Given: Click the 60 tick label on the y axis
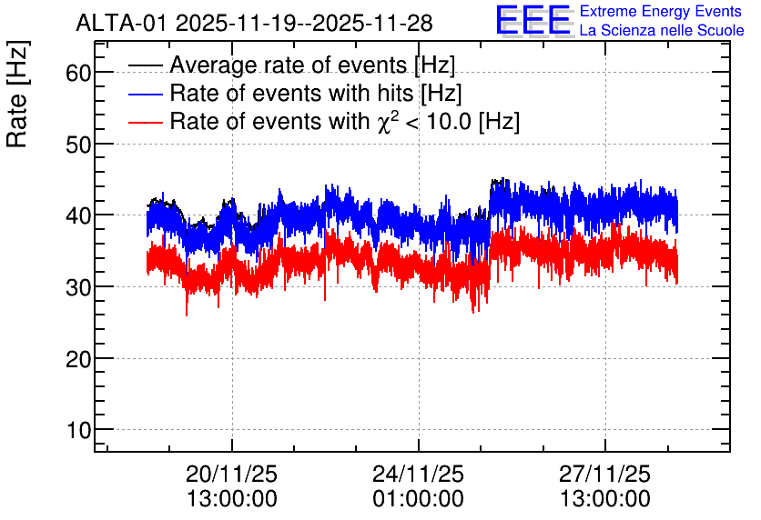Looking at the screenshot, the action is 78,73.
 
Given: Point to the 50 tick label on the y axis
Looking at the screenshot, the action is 78,145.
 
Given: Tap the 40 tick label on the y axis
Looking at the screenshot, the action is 78,215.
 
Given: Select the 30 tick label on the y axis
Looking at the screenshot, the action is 78,287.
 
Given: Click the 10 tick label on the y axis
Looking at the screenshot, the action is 78,430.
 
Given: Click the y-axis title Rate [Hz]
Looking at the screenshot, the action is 18,94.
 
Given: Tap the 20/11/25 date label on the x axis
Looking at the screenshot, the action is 231,474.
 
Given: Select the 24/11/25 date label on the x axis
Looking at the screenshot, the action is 419,474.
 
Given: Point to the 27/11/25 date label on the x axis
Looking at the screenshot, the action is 604,474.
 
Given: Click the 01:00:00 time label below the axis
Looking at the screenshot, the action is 419,498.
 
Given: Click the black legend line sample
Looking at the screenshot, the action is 145,65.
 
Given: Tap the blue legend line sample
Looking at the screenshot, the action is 145,94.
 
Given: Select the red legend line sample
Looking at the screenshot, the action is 145,122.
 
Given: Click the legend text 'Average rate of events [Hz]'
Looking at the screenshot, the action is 312,65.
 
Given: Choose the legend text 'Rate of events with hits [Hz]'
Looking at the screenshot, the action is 316,93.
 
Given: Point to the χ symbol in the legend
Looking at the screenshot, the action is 383,123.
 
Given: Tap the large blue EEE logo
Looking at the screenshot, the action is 533,21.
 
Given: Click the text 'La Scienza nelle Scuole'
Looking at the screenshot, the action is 662,31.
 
